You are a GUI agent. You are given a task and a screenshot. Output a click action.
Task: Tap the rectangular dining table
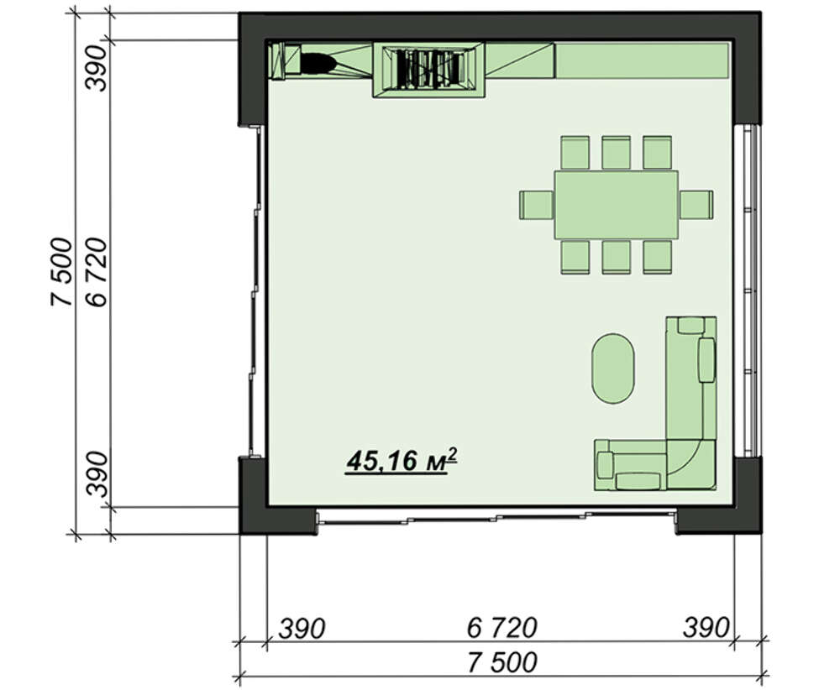616,205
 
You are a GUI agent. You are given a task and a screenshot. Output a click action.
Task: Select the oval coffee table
613,369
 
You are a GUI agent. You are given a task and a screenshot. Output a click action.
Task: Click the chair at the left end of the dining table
536,205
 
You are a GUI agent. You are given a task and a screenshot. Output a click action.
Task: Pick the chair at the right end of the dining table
696,205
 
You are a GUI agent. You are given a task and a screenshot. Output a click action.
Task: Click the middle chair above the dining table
616,153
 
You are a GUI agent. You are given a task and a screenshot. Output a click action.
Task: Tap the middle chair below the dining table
616,257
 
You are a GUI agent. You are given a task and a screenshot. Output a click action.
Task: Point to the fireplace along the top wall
428,70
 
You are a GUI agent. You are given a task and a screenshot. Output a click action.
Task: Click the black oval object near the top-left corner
318,62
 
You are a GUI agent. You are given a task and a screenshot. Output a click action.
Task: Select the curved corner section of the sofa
690,463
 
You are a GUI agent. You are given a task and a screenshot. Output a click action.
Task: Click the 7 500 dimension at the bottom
502,662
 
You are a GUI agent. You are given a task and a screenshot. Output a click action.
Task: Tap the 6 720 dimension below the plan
502,627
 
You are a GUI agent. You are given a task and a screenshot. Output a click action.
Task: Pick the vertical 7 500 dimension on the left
61,272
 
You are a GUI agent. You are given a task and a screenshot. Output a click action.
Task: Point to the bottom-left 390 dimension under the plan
302,629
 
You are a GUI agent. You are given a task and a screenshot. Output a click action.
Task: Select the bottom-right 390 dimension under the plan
706,627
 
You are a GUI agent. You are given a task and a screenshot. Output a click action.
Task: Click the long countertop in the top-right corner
642,60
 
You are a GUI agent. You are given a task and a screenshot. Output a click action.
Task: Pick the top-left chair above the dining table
575,153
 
